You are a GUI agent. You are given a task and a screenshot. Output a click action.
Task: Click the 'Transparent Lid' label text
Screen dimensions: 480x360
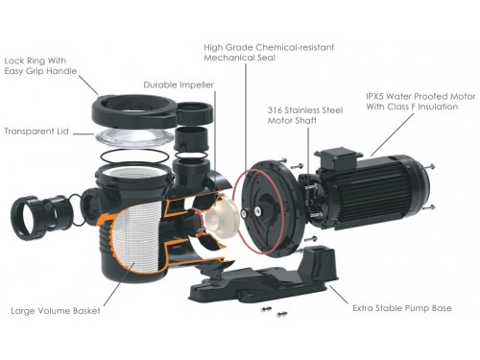[36, 132]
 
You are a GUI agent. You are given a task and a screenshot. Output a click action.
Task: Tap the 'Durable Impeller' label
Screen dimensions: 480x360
[179, 84]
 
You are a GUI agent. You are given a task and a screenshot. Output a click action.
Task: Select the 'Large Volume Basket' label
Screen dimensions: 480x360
[56, 311]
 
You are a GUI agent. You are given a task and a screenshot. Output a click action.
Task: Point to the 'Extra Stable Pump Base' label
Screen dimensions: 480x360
[402, 308]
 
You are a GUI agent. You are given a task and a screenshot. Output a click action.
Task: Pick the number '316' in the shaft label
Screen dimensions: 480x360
[275, 110]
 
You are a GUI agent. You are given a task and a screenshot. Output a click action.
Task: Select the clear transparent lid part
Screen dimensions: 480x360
[134, 138]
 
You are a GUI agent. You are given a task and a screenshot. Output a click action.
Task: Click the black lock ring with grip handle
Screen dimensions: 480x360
[134, 110]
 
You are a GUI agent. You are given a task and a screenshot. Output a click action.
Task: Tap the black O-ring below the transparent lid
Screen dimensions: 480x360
[134, 156]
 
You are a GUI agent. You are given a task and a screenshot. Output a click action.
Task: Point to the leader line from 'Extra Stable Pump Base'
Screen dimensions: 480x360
[339, 295]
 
